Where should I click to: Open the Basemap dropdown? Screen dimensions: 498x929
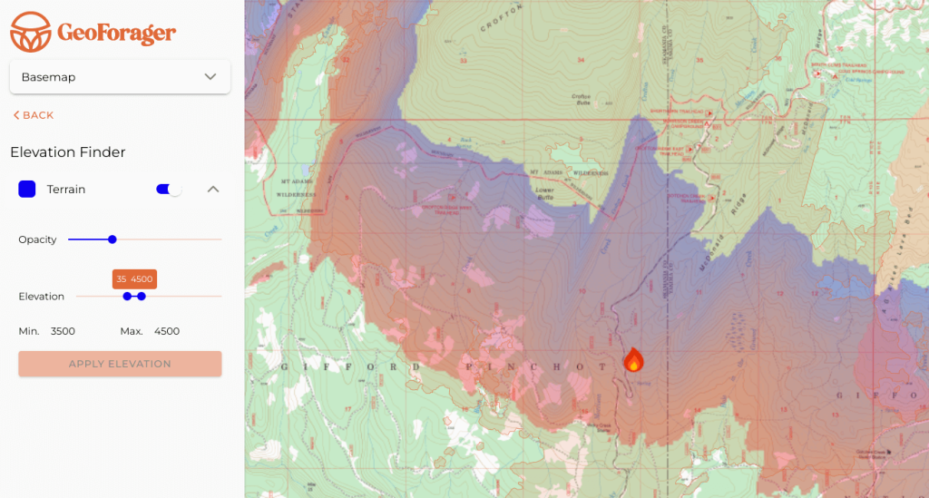tap(120, 77)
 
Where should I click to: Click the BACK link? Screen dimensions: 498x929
tap(34, 115)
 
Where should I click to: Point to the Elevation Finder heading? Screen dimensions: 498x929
tap(68, 152)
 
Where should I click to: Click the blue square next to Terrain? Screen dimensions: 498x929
tap(27, 189)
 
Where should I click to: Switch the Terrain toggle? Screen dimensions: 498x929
tap(169, 189)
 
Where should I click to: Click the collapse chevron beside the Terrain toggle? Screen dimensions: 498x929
tap(213, 189)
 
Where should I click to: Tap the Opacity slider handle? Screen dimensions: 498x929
tap(112, 239)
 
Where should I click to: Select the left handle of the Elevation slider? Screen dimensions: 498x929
tap(127, 297)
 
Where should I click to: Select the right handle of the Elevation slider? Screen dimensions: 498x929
tap(142, 297)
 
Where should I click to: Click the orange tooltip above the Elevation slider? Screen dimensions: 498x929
tap(134, 279)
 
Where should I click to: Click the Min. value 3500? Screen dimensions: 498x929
tap(63, 331)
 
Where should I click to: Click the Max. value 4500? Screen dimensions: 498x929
tap(167, 331)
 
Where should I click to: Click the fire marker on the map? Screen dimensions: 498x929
tap(633, 360)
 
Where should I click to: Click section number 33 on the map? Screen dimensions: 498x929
tap(463, 61)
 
